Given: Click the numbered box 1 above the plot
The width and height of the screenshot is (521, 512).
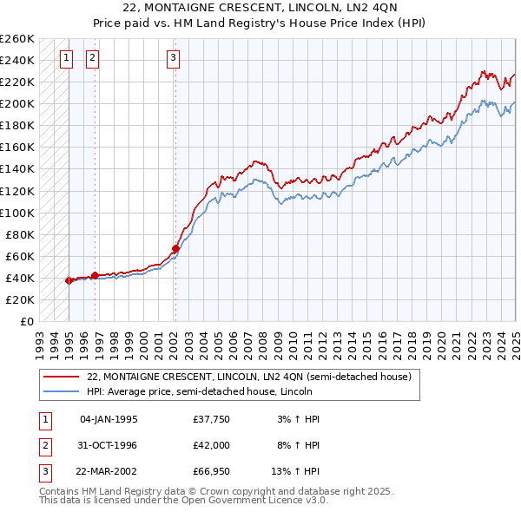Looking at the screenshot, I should pos(67,59).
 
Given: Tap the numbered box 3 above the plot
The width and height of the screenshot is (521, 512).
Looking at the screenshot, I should pos(174,59).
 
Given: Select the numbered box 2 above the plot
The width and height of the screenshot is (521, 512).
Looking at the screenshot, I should pos(93,59).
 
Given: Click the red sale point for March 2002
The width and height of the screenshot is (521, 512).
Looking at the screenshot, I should pos(175,248).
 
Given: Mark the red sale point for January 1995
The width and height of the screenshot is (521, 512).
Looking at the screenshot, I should pos(69,280).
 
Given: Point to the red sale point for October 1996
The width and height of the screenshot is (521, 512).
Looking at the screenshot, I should pos(95,275).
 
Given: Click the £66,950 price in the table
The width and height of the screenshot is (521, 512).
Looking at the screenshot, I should pos(211,472).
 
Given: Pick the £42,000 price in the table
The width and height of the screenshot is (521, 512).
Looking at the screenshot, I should pos(211,446).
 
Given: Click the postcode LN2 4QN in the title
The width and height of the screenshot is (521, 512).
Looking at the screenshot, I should pos(357,10).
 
